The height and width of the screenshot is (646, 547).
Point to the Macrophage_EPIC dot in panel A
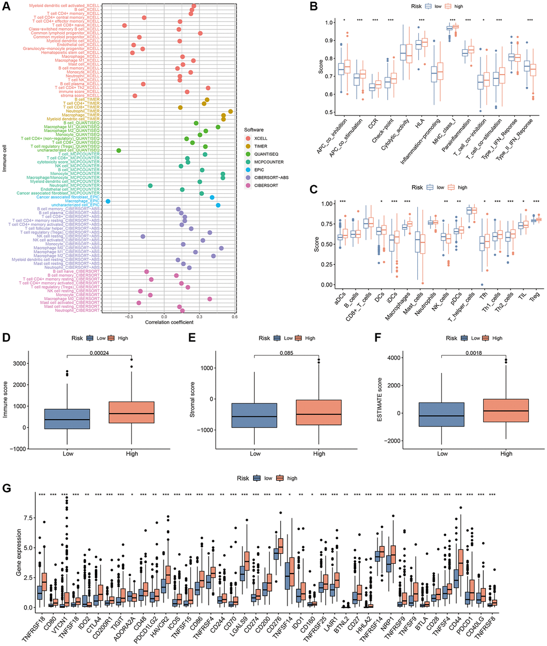pyautogui.click(x=108, y=201)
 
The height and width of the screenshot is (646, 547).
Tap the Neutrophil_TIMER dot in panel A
pyautogui.click(x=231, y=111)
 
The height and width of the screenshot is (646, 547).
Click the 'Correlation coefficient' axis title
pyautogui.click(x=167, y=322)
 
